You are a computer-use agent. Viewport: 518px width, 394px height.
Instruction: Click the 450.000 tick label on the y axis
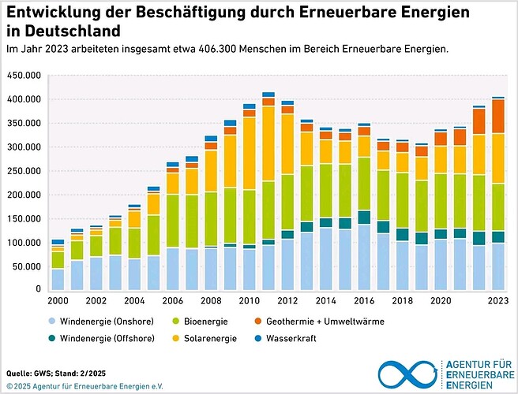coord(24,76)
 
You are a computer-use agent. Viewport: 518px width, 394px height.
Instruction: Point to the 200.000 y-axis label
coord(24,195)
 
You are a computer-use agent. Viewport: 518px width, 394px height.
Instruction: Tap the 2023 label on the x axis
coord(498,301)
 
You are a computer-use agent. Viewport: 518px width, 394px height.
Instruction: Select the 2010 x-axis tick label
coord(250,301)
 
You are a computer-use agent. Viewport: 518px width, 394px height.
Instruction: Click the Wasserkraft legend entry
coord(286,338)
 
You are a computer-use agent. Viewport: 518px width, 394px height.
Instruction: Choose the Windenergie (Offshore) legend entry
coord(101,338)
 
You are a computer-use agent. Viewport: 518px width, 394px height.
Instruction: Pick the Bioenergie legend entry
coord(201,322)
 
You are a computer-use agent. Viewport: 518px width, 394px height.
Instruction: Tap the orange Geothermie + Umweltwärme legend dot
coord(258,322)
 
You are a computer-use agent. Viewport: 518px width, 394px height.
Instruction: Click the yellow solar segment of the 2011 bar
coord(268,143)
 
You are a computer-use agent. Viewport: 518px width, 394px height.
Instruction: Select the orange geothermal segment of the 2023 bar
coord(498,117)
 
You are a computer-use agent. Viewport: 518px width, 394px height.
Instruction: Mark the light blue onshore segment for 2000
coord(58,280)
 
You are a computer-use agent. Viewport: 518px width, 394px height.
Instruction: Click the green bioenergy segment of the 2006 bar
coord(173,221)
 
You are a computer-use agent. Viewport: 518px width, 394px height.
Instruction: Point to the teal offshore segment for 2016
coord(364,217)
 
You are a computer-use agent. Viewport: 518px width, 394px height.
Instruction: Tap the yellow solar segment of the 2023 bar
coord(498,158)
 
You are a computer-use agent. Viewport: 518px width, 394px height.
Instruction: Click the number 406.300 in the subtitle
coord(217,49)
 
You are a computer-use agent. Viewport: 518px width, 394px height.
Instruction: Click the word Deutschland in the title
coord(73,31)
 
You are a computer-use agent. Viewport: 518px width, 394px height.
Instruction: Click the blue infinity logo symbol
coord(408,374)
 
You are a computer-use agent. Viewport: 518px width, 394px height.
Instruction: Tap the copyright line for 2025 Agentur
coord(84,386)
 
